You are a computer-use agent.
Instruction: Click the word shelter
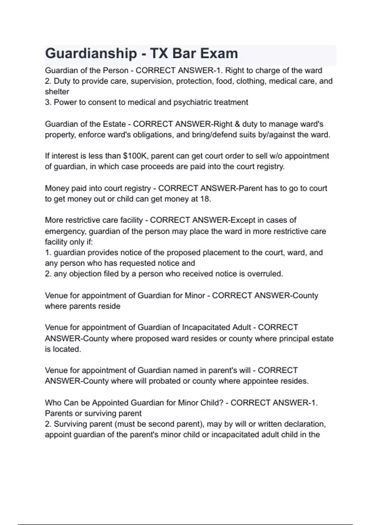(x=57, y=92)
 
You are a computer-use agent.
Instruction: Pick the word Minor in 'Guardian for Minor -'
(x=195, y=296)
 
